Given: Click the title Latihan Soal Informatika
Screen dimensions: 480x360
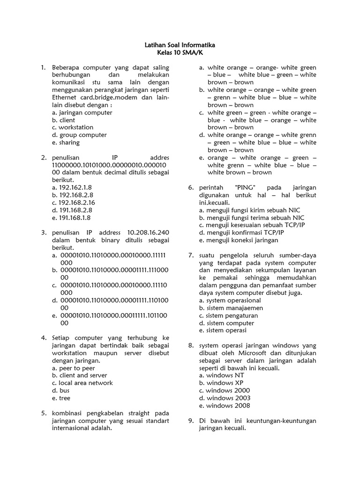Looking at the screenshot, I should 180,45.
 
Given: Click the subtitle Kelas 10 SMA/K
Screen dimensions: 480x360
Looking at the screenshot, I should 180,53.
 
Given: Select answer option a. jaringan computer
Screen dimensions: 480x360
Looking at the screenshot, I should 82,112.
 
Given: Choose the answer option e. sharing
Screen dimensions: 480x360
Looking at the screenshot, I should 66,142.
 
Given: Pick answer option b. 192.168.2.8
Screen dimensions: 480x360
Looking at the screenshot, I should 73,195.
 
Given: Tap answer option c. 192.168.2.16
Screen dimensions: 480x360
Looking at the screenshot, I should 74,202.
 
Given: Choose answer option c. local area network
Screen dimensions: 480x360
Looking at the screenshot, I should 82,383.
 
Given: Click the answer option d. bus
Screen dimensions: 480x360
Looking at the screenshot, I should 61,390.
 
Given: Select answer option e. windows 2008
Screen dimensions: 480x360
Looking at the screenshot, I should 225,405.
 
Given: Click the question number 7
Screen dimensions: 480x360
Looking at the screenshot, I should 191,255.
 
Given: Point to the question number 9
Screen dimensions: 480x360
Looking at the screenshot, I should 191,421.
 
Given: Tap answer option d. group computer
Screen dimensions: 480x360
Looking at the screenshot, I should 79,135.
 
